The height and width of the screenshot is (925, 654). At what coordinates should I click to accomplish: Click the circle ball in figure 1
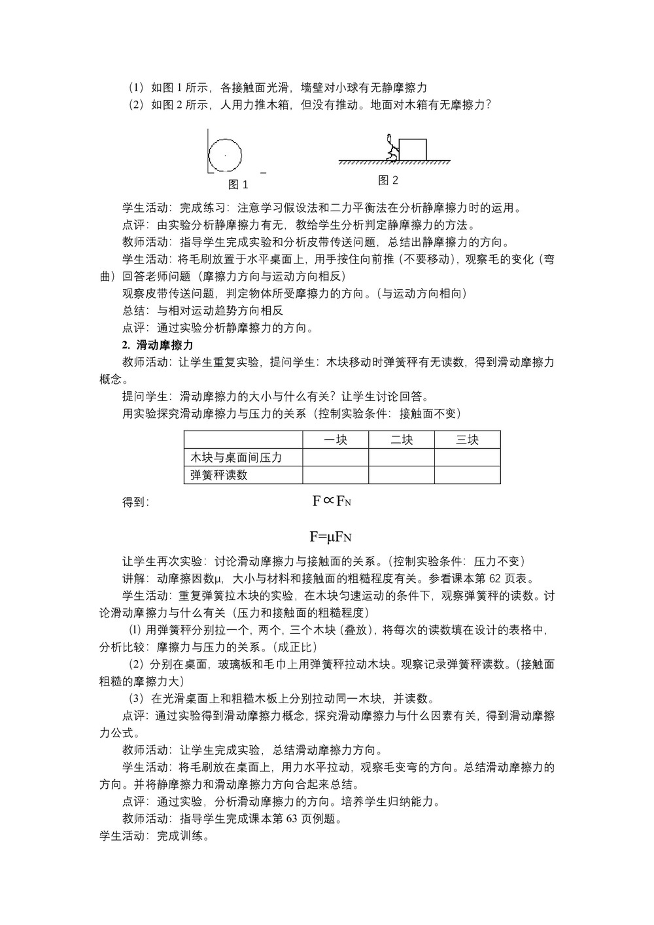coord(225,155)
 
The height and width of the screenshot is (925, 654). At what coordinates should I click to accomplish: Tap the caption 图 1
coord(238,184)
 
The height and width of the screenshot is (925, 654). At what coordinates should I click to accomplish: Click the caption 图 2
coord(388,180)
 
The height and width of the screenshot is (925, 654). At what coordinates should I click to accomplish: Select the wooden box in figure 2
coord(412,149)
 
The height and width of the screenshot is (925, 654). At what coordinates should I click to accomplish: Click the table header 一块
coord(336,440)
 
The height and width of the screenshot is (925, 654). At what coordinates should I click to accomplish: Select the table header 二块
coord(402,440)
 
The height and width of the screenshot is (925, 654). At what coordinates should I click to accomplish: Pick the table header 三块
coord(467,440)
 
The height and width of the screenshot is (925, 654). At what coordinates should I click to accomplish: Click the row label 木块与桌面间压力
coord(236,457)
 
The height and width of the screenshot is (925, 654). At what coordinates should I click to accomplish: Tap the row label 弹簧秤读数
coord(219,475)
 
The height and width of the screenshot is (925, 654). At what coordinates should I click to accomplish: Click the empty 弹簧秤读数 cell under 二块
coord(402,475)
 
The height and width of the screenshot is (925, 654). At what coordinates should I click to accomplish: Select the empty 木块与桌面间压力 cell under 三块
coord(467,457)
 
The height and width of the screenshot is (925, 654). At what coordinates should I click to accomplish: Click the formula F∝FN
coord(332,501)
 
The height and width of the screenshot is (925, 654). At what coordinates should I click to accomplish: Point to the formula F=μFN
coord(331,537)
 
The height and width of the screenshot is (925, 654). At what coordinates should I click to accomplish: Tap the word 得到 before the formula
coord(136,502)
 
